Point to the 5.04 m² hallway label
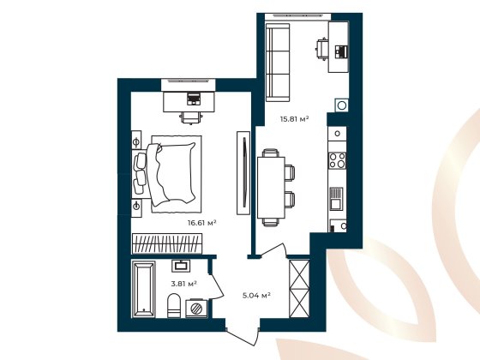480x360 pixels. pyautogui.click(x=257, y=295)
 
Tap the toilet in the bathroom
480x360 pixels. pyautogui.click(x=173, y=304)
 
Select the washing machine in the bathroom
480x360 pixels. pyautogui.click(x=195, y=307)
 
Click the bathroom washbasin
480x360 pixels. pyautogui.click(x=182, y=265)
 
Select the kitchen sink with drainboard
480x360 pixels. pyautogui.click(x=337, y=199)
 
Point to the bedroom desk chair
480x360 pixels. pyautogui.click(x=190, y=114)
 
